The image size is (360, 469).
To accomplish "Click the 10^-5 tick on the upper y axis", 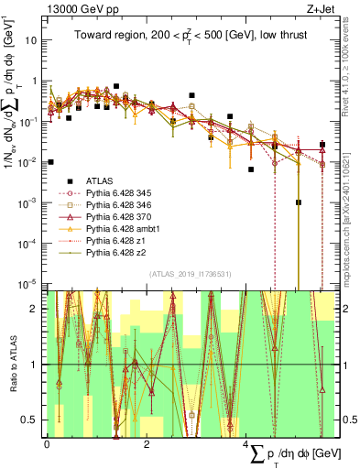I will click(x=29, y=283).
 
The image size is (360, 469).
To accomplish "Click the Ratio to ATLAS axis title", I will click(x=11, y=364).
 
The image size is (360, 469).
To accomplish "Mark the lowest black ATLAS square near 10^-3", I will click(x=299, y=202).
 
